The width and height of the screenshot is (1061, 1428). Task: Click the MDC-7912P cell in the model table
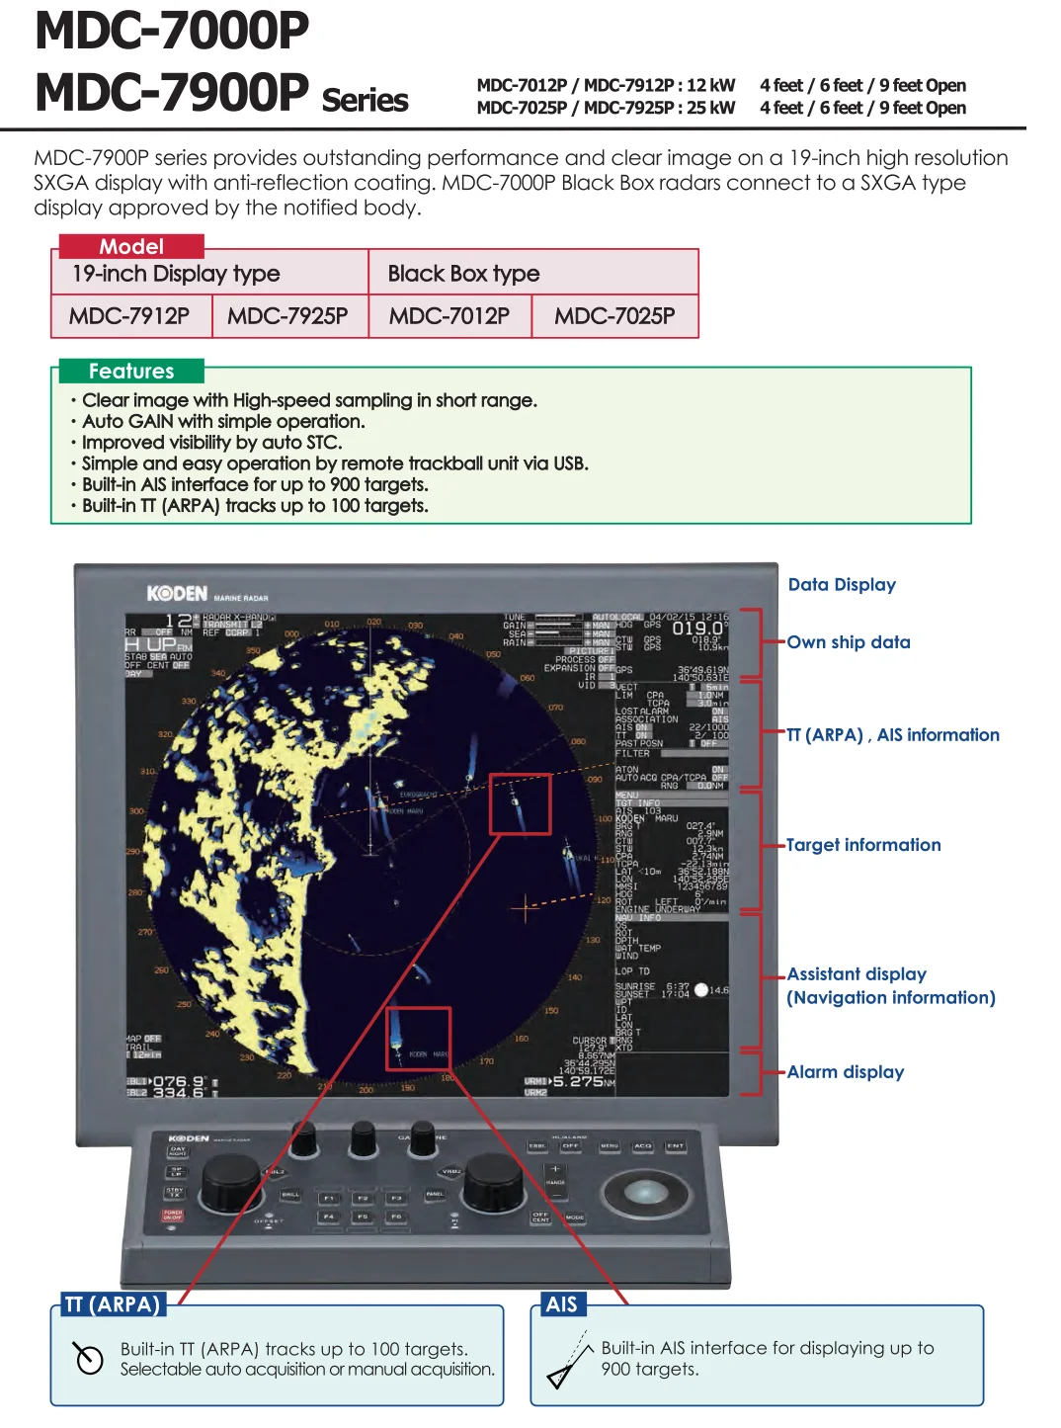129,316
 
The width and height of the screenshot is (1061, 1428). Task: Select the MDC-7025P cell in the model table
614,316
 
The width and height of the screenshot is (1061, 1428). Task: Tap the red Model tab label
131,246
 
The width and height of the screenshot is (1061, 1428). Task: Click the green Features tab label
131,372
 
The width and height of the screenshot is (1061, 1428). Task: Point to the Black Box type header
463,274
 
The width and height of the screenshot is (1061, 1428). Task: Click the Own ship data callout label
849,642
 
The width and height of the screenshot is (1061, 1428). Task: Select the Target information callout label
863,845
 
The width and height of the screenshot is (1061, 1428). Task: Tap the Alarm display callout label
846,1072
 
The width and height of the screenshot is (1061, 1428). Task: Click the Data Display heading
842,585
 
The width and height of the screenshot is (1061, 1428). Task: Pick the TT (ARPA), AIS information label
893,735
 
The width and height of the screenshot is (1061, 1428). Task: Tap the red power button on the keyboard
173,1215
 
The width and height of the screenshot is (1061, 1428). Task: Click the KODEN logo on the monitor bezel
178,593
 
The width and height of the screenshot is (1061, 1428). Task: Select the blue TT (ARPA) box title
112,1304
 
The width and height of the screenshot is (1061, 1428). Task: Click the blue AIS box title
561,1304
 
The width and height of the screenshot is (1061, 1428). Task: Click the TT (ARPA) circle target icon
89,1359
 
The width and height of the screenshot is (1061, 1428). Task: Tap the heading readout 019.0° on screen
698,629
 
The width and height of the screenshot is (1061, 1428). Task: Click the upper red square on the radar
520,803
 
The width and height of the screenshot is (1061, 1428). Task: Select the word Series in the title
365,101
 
